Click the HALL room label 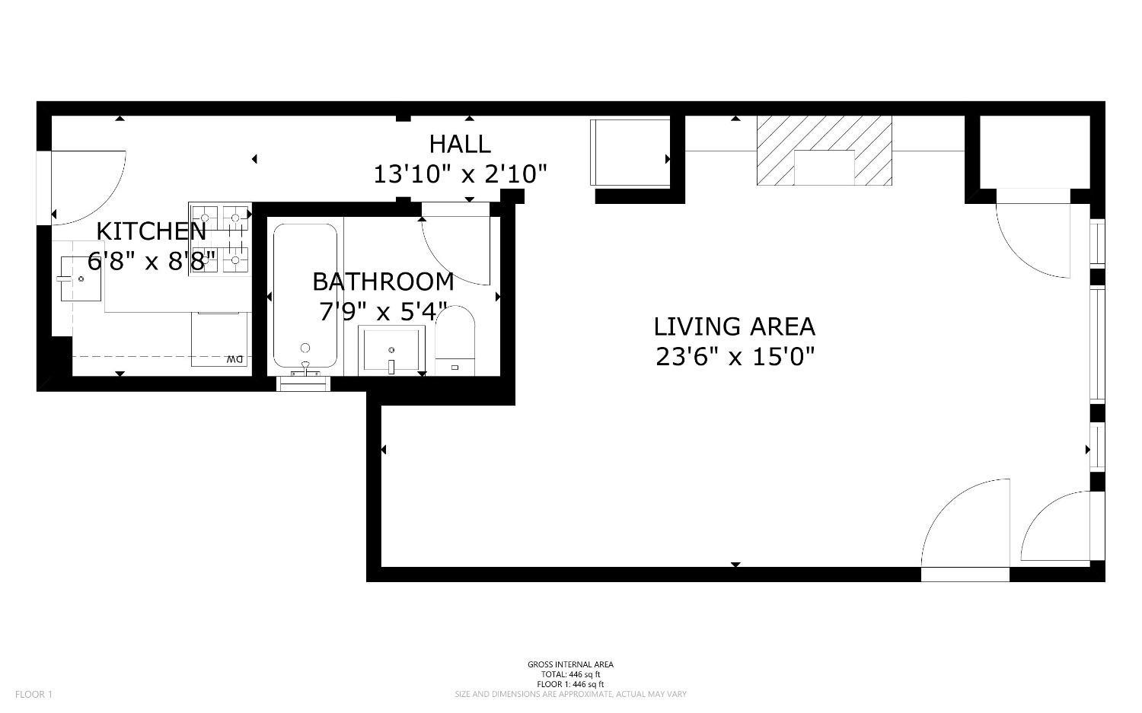coord(460,144)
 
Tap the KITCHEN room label coord(152,231)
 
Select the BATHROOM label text coord(383,282)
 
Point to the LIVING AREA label coord(734,326)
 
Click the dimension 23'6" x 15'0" coord(735,356)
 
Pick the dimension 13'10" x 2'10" coord(460,175)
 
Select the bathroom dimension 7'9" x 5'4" coord(383,312)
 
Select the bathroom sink coord(391,350)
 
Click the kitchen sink coord(81,279)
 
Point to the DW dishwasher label coord(234,359)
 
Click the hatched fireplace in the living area coord(824,150)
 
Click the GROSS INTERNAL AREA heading coord(570,664)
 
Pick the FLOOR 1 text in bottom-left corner coord(34,694)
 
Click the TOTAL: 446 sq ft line coord(570,674)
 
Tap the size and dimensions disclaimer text coord(570,694)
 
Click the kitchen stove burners coord(220,239)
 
